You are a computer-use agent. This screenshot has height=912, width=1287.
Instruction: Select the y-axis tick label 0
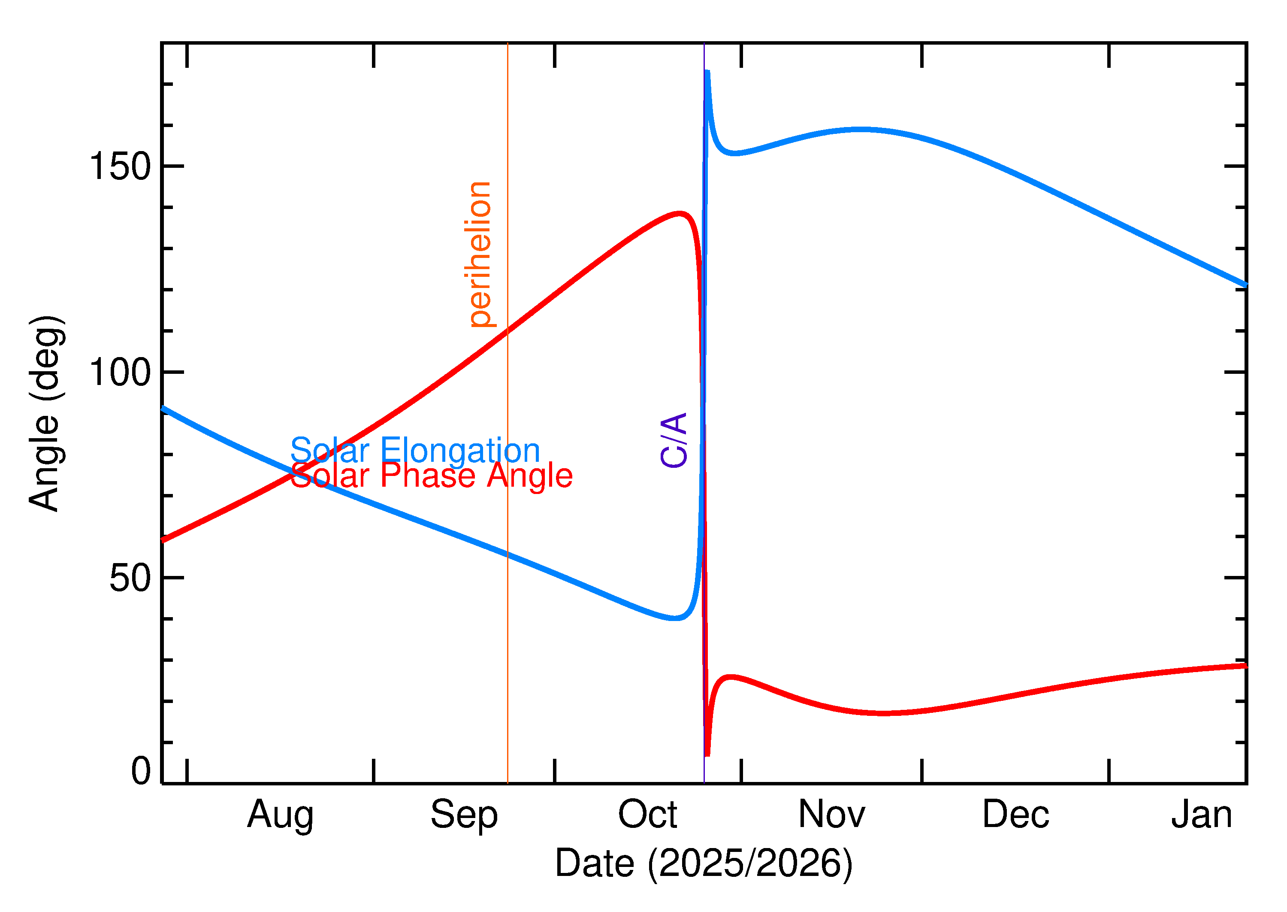[141, 771]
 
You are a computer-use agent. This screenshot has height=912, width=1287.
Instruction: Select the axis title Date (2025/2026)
[704, 864]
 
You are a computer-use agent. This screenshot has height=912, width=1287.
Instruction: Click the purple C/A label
[674, 440]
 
